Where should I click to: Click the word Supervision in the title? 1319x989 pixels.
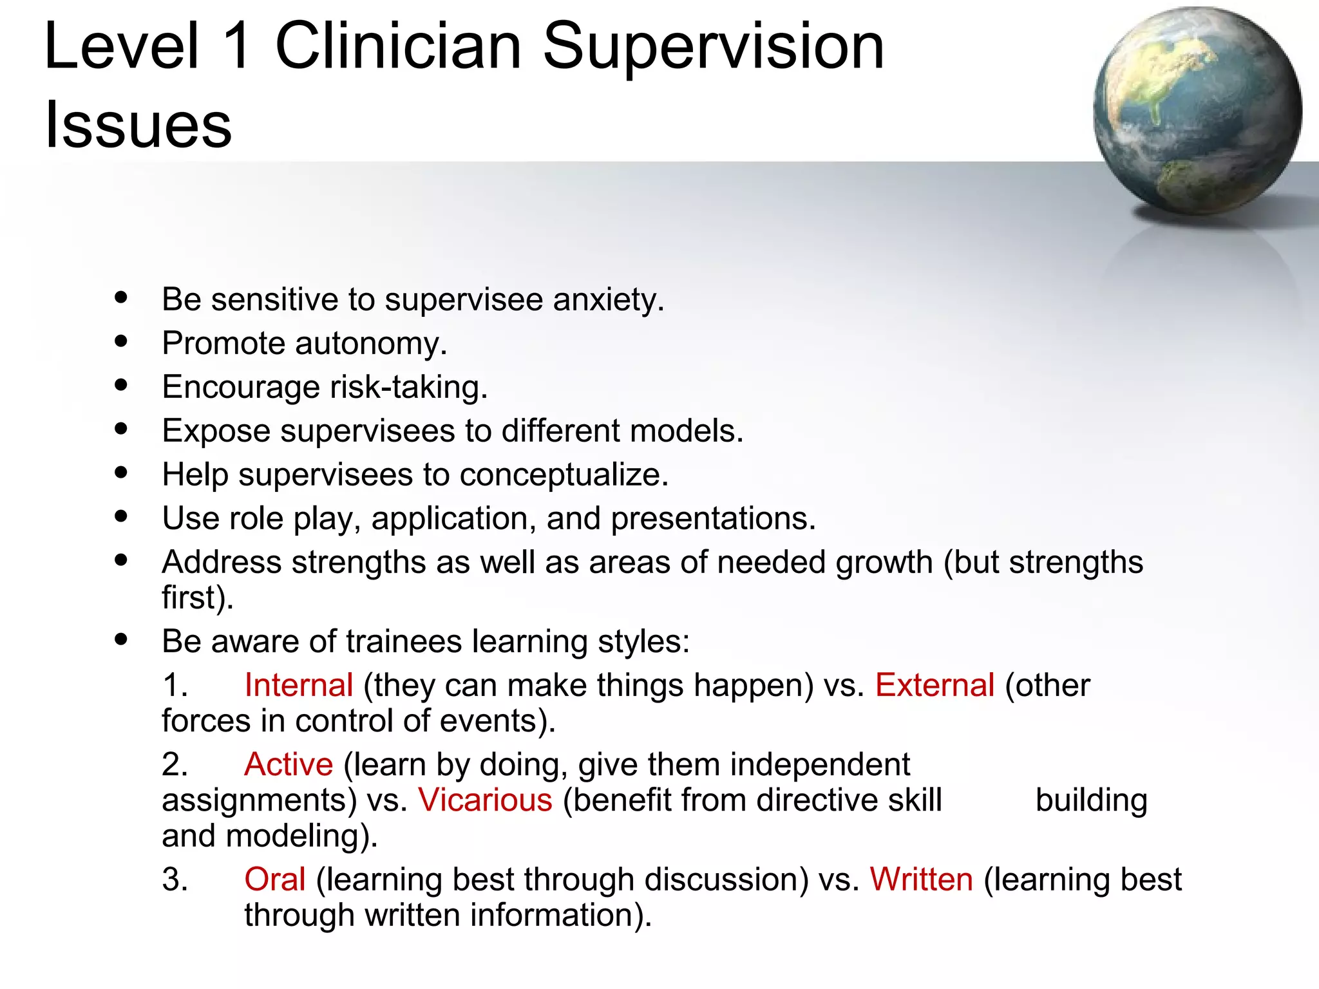(714, 46)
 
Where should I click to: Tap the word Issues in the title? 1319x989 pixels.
(138, 124)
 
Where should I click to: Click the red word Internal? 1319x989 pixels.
(299, 685)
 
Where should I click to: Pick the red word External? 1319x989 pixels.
(935, 685)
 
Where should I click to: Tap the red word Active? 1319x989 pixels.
(289, 764)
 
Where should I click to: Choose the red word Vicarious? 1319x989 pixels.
(485, 800)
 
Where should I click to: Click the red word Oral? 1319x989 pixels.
(274, 880)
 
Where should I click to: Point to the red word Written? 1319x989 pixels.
(921, 880)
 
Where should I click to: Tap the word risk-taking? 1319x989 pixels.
(408, 388)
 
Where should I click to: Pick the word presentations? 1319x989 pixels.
(713, 519)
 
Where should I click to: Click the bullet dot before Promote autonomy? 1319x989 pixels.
(121, 341)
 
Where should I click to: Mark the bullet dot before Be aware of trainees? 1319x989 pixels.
(121, 639)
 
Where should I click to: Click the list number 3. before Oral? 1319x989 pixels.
(175, 880)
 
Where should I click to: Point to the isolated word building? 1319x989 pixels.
(1091, 800)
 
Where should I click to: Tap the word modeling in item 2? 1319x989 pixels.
(301, 836)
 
